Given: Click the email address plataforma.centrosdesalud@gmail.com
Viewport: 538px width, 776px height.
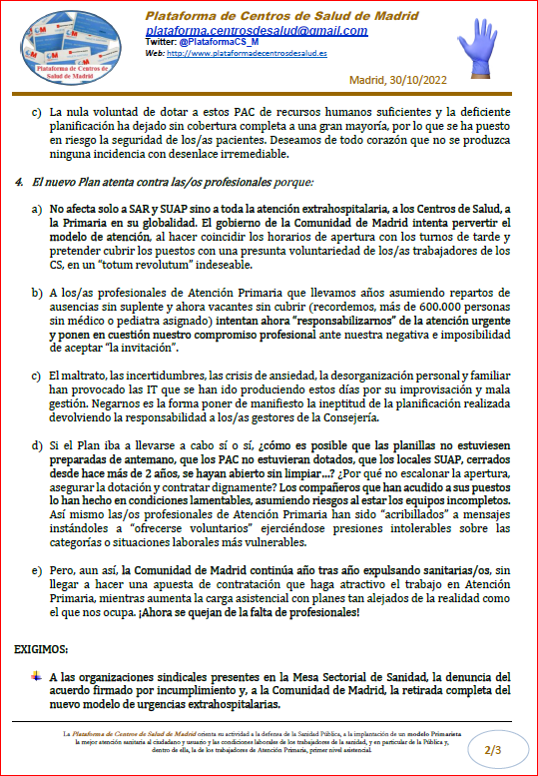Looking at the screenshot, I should (256, 31).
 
